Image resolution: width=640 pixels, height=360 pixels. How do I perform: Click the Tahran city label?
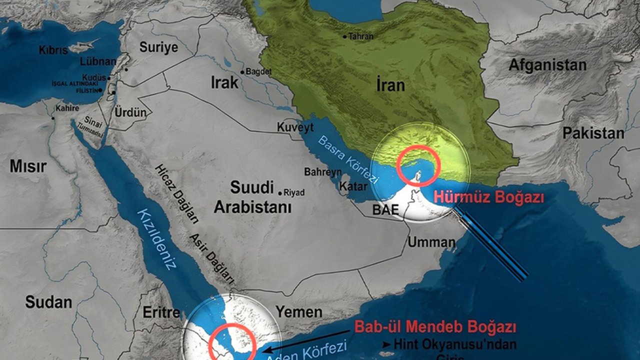pyautogui.click(x=360, y=36)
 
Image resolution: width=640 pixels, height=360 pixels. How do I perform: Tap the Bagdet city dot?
pyautogui.click(x=242, y=72)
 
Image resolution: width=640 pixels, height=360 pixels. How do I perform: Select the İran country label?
pyautogui.click(x=390, y=85)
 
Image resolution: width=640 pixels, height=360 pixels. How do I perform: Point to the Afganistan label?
pyautogui.click(x=547, y=65)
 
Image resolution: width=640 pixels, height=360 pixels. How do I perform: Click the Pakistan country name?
pyautogui.click(x=593, y=133)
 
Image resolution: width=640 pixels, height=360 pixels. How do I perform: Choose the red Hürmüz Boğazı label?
pyautogui.click(x=488, y=197)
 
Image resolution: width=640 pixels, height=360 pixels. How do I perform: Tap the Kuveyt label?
pyautogui.click(x=295, y=127)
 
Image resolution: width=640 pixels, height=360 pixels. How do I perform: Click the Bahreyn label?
pyautogui.click(x=323, y=172)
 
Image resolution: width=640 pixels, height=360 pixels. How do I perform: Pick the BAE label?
pyautogui.click(x=385, y=210)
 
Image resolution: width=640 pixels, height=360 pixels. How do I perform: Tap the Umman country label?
pyautogui.click(x=431, y=242)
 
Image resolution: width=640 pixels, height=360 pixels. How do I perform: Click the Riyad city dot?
pyautogui.click(x=280, y=191)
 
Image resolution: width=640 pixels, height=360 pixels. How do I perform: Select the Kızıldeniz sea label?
pyautogui.click(x=157, y=238)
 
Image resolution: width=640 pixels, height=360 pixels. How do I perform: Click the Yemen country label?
pyautogui.click(x=299, y=312)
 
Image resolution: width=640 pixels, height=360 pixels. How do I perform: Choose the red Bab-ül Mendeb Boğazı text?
pyautogui.click(x=435, y=327)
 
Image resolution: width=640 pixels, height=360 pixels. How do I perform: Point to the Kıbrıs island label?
pyautogui.click(x=54, y=50)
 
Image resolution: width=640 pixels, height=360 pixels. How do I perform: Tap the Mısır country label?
pyautogui.click(x=28, y=166)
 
